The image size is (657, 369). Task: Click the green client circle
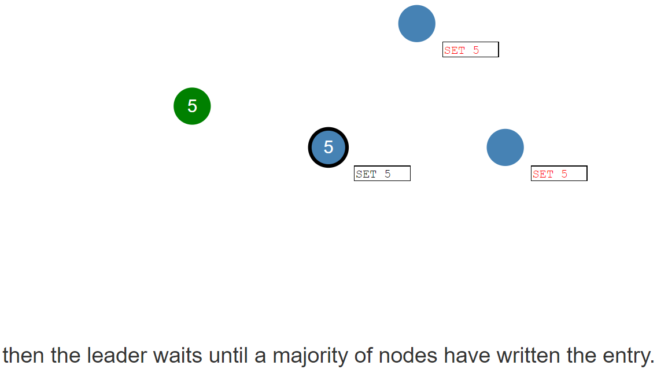pyautogui.click(x=192, y=106)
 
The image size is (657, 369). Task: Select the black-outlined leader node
pyautogui.click(x=328, y=147)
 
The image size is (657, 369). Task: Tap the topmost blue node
pyautogui.click(x=416, y=24)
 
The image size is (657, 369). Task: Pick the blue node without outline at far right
pyautogui.click(x=505, y=147)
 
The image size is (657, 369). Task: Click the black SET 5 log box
pyautogui.click(x=382, y=174)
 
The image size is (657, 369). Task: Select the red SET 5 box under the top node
pyautogui.click(x=471, y=49)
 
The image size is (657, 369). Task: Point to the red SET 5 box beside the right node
pyautogui.click(x=559, y=174)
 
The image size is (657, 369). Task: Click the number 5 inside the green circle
pyautogui.click(x=193, y=106)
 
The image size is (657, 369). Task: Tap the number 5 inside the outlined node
pyautogui.click(x=328, y=147)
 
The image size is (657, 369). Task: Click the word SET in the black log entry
pyautogui.click(x=366, y=174)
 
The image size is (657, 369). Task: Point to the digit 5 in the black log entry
pyautogui.click(x=387, y=174)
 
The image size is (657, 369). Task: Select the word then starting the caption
pyautogui.click(x=24, y=355)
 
